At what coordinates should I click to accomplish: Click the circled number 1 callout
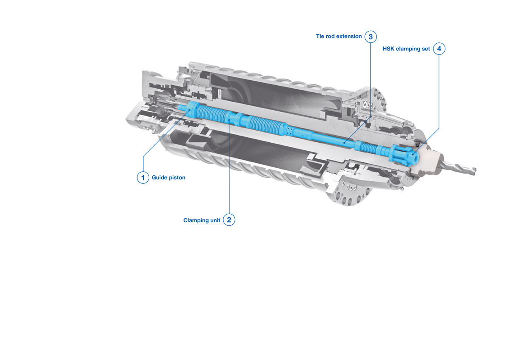tap(143, 178)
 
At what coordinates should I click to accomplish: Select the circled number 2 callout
tap(229, 220)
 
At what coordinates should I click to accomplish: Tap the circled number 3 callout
tap(371, 37)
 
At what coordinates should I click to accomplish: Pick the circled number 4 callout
tap(439, 49)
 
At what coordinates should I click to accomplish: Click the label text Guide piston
tap(168, 178)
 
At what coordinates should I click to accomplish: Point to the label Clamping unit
tap(201, 220)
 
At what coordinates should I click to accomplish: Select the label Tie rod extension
tap(339, 36)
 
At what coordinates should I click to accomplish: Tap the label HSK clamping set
tap(406, 49)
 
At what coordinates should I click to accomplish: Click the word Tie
tap(320, 36)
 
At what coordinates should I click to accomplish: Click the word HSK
tap(388, 49)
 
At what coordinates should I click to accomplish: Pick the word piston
tap(177, 178)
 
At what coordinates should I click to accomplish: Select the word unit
tap(215, 220)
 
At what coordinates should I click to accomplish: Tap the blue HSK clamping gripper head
tap(404, 155)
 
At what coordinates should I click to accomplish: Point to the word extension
tap(350, 36)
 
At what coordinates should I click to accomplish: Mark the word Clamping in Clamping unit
tap(196, 220)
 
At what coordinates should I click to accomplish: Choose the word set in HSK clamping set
tap(426, 49)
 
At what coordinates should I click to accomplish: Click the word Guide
tap(159, 178)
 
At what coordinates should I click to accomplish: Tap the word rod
tap(330, 36)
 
